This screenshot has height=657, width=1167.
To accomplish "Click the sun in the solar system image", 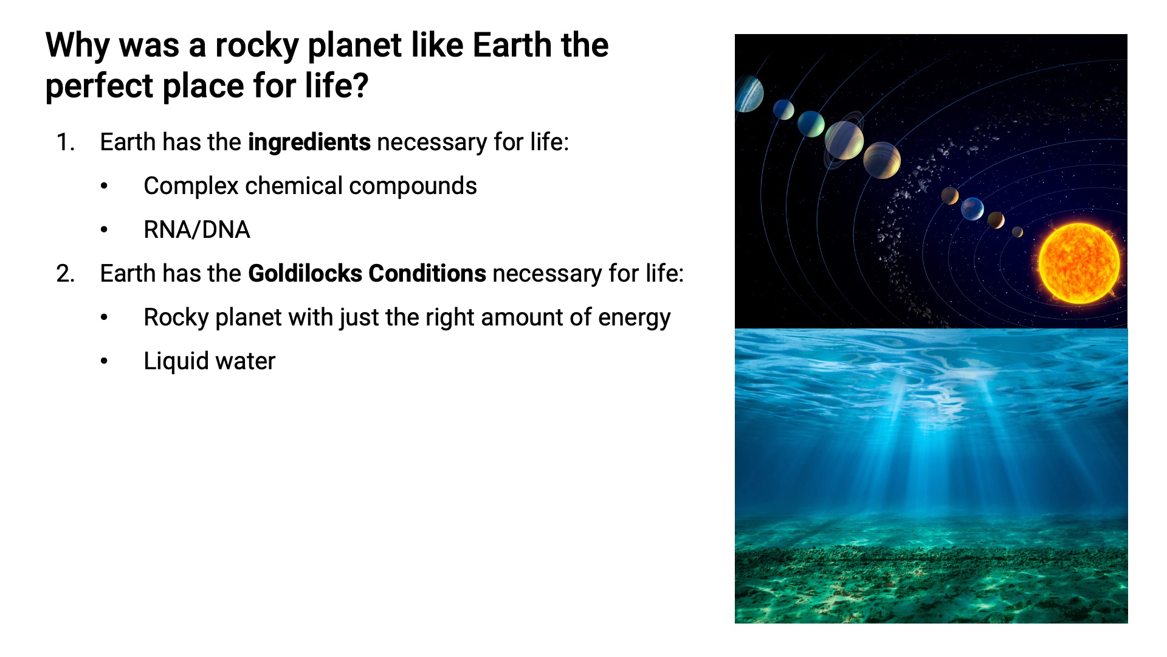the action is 1079,263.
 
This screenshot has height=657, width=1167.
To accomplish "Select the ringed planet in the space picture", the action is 844,140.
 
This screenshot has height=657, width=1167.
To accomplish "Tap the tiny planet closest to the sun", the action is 1017,232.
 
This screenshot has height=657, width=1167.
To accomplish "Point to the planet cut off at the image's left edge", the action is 748,94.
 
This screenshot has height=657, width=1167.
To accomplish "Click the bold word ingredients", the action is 309,142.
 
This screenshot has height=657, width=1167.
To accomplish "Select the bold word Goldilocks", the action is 305,274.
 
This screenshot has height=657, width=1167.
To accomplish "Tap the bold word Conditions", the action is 427,274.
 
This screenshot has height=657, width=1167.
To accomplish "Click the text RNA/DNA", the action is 197,230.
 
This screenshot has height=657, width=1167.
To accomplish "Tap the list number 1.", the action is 65,142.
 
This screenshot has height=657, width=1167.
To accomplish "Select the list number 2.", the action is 65,274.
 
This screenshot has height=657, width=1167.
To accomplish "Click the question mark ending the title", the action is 360,85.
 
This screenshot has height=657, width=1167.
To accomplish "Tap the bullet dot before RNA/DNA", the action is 105,230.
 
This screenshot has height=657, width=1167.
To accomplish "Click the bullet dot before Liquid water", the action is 105,361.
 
